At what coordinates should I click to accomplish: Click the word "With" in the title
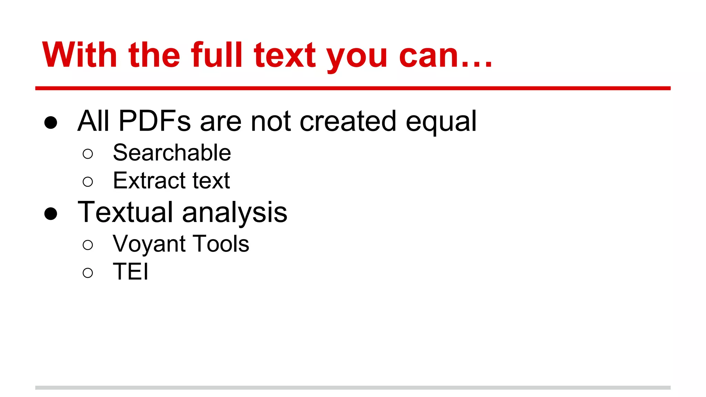click(x=80, y=55)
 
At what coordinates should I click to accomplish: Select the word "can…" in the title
click(x=445, y=55)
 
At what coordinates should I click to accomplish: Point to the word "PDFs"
click(x=154, y=121)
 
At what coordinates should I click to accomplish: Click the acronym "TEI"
click(x=131, y=272)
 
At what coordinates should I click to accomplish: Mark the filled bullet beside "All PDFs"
click(x=51, y=122)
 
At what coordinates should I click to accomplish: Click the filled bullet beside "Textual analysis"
click(x=51, y=213)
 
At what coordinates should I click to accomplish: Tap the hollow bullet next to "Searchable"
click(x=88, y=154)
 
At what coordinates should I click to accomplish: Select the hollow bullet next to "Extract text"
click(x=88, y=182)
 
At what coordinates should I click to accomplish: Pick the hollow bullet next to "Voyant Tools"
click(x=88, y=245)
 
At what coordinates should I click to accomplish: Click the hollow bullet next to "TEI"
click(x=88, y=273)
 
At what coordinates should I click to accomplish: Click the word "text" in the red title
click(x=285, y=55)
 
